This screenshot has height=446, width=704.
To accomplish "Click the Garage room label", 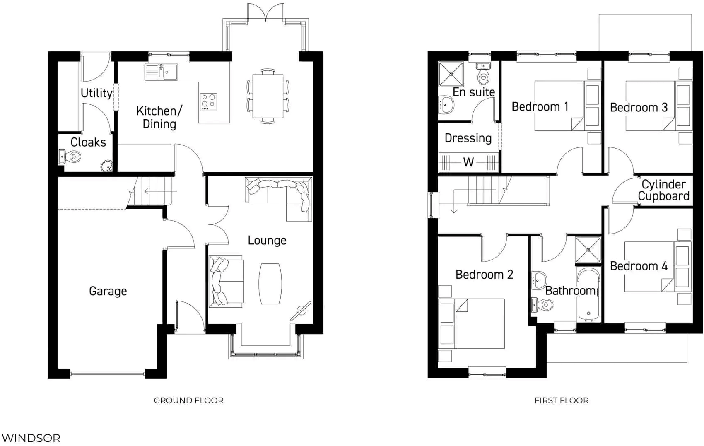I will click(x=108, y=291).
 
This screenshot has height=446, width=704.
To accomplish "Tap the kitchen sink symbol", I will click(x=161, y=72).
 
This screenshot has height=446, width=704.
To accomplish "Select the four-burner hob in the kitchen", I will click(x=208, y=101).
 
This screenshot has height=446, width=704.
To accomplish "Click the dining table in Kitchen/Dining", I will click(x=268, y=96).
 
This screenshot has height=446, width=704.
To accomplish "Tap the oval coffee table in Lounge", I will click(x=270, y=284).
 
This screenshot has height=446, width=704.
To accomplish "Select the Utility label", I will click(x=96, y=93).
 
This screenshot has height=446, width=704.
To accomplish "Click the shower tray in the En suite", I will click(x=451, y=74).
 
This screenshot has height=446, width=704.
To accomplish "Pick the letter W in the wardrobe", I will click(x=468, y=162).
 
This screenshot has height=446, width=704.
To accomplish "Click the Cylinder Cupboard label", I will click(x=663, y=190).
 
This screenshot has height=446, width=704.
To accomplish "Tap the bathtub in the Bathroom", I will click(x=588, y=295).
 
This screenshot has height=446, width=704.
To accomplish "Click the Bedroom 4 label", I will click(x=638, y=266).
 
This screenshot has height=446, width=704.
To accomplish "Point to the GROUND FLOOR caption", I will click(x=188, y=400).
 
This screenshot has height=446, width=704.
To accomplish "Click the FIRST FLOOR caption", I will click(x=561, y=400).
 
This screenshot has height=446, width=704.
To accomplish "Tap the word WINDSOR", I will click(x=31, y=438).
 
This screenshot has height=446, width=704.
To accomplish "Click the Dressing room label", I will click(x=468, y=138).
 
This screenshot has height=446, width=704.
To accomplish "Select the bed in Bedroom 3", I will click(x=650, y=106).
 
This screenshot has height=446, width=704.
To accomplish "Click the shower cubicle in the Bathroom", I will click(x=588, y=250).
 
